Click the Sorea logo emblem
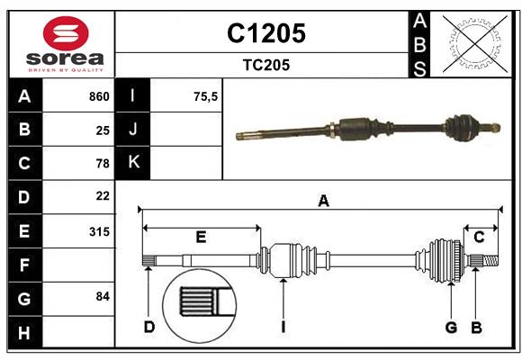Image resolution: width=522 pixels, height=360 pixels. tap(66, 34)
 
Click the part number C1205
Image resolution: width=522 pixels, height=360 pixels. tap(265, 33)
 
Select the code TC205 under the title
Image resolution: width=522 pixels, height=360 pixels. tap(265, 65)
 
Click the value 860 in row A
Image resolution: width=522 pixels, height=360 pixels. tap(99, 96)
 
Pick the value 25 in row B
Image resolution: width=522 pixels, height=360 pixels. tap(103, 130)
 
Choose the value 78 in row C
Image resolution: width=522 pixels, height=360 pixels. tap(103, 163)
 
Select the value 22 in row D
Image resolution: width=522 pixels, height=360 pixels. tap(103, 195)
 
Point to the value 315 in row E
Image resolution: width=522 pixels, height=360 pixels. tap(99, 231)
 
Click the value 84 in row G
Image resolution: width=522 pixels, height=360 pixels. tap(103, 296)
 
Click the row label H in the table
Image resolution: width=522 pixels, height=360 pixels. tap(24, 334)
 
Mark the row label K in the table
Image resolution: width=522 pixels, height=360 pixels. tap(134, 162)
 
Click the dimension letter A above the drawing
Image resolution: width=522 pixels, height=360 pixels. tap(323, 202)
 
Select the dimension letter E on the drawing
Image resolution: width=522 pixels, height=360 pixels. tap(201, 238)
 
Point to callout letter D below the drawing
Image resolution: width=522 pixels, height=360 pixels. tap(149, 327)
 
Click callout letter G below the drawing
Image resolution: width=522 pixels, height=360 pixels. tap(452, 327)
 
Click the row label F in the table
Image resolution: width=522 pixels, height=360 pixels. tap(24, 265)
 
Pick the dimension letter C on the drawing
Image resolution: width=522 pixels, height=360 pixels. tap(479, 237)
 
